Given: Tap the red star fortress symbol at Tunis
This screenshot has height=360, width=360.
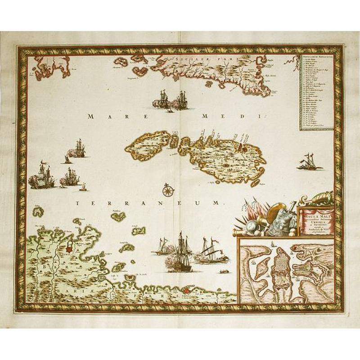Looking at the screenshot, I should point(69,248).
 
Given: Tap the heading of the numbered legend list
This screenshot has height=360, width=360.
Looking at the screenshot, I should point(318,58).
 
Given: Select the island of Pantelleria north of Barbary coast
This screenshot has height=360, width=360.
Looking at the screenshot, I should point(119,216).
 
